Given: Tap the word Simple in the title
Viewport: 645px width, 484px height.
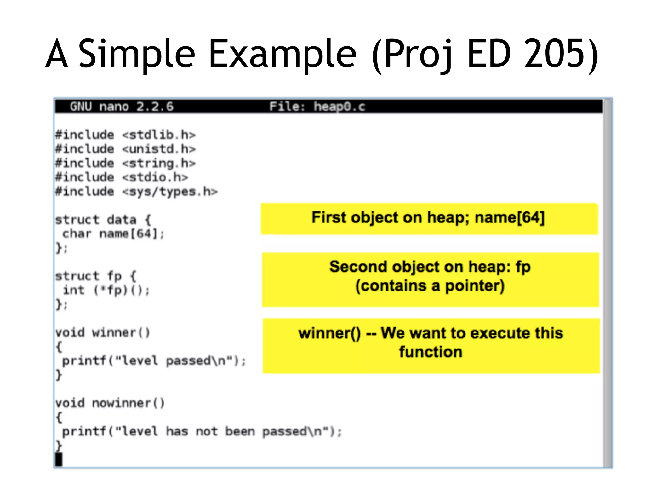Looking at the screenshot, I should coord(137,54).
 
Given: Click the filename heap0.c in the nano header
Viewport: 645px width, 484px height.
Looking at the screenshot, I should coord(339,107).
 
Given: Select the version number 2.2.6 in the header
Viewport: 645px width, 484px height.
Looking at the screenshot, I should coord(155,107).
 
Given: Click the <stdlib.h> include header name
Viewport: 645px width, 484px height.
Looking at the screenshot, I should coord(159,135).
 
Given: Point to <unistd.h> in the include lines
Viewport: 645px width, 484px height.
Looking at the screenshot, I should coord(159,149).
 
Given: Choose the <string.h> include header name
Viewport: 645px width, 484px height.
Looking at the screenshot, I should coord(159,163).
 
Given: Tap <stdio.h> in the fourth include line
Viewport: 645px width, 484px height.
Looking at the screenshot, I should coord(155,177).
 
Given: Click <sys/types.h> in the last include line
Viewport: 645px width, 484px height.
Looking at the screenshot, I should coord(170,192).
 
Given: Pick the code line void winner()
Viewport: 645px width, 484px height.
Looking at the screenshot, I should coord(103,333).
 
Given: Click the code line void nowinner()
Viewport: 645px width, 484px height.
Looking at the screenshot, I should coord(110,403).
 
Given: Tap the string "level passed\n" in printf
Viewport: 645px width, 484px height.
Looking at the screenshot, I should coord(174,361).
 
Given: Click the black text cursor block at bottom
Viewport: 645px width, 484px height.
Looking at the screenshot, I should coord(59,459).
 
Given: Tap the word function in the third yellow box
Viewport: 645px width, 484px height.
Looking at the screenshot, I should coord(431,352).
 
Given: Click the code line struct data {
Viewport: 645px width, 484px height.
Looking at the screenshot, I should coord(103,220).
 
